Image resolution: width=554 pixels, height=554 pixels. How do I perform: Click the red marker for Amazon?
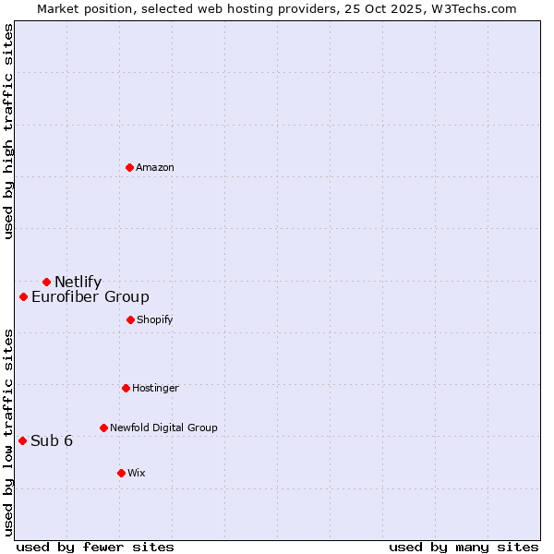pyautogui.click(x=130, y=167)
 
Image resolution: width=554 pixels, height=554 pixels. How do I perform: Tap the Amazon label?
pyautogui.click(x=155, y=168)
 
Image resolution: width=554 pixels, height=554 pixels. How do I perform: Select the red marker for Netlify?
pyautogui.click(x=46, y=282)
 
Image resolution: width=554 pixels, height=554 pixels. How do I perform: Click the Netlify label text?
pyautogui.click(x=78, y=283)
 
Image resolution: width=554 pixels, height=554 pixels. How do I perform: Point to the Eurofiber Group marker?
pyautogui.click(x=24, y=296)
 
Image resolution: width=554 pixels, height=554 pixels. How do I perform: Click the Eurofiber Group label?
pyautogui.click(x=90, y=297)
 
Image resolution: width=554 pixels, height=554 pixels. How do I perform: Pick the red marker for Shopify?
pyautogui.click(x=130, y=319)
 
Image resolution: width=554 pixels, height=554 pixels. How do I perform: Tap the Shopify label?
pyautogui.click(x=154, y=320)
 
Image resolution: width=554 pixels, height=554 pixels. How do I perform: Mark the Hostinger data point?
pyautogui.click(x=126, y=388)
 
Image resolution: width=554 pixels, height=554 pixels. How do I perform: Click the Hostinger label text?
pyautogui.click(x=155, y=389)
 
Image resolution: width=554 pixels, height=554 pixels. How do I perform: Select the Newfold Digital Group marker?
pyautogui.click(x=103, y=428)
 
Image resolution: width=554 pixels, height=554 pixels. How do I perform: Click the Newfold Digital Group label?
pyautogui.click(x=163, y=428)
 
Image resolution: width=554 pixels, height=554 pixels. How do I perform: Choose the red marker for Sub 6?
pyautogui.click(x=23, y=440)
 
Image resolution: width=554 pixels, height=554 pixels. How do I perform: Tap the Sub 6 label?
pyautogui.click(x=52, y=441)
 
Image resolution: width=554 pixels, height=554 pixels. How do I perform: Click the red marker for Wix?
pyautogui.click(x=121, y=473)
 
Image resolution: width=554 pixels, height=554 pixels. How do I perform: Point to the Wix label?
pyautogui.click(x=137, y=474)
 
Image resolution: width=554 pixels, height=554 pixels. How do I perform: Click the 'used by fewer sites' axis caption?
pyautogui.click(x=95, y=547)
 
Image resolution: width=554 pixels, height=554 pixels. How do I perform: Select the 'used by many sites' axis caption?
pyautogui.click(x=464, y=547)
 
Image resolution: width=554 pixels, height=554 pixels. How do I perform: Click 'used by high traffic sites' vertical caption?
pyautogui.click(x=9, y=131)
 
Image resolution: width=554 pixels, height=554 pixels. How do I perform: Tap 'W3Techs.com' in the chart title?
pyautogui.click(x=479, y=8)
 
